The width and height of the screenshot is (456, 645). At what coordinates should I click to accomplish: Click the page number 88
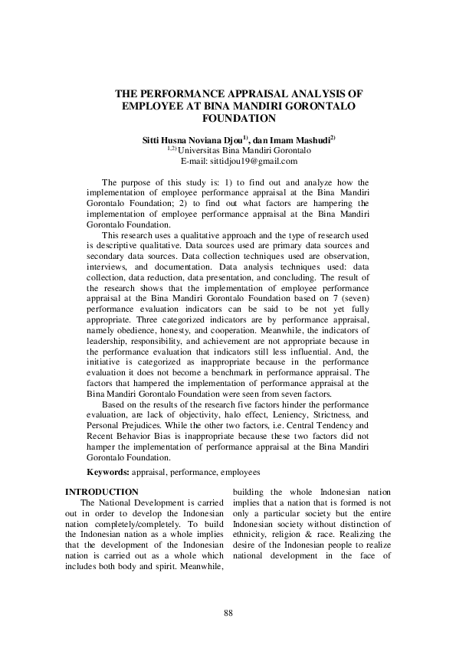tap(228, 613)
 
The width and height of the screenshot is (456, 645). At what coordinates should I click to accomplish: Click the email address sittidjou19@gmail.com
tap(238, 161)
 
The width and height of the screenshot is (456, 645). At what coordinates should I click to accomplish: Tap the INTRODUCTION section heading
tap(102, 491)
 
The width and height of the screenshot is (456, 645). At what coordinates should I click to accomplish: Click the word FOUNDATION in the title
tap(238, 119)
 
